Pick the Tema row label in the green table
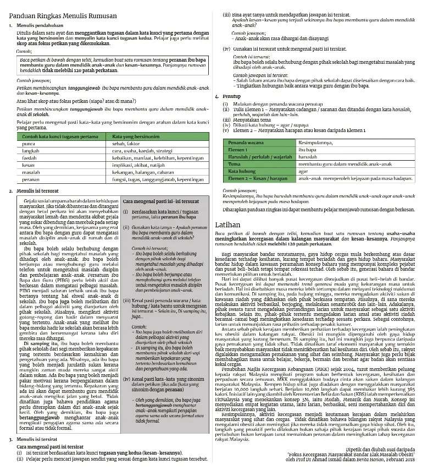(235, 164)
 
